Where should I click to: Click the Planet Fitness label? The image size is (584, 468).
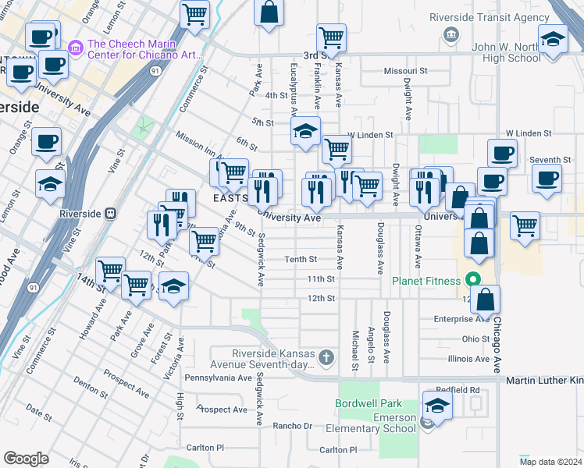pos(429,280)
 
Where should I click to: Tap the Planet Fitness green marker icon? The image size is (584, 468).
pos(472,279)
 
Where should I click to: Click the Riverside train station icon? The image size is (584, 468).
pos(111,212)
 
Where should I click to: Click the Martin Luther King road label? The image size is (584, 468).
pos(544,380)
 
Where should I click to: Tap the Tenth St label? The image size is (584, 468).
pos(301,259)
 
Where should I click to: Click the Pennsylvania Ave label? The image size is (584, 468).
pos(218,378)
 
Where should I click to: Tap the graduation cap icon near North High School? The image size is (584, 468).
pos(552,40)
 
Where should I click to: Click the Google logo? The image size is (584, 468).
pos(26,458)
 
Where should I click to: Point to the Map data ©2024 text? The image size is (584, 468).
pos(551,461)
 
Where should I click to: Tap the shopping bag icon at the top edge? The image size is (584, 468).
pos(268,12)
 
